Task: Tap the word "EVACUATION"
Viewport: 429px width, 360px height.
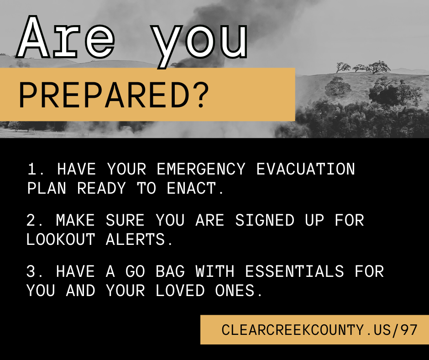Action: point(305,169)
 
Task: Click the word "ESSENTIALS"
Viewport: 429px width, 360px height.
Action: point(294,272)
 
